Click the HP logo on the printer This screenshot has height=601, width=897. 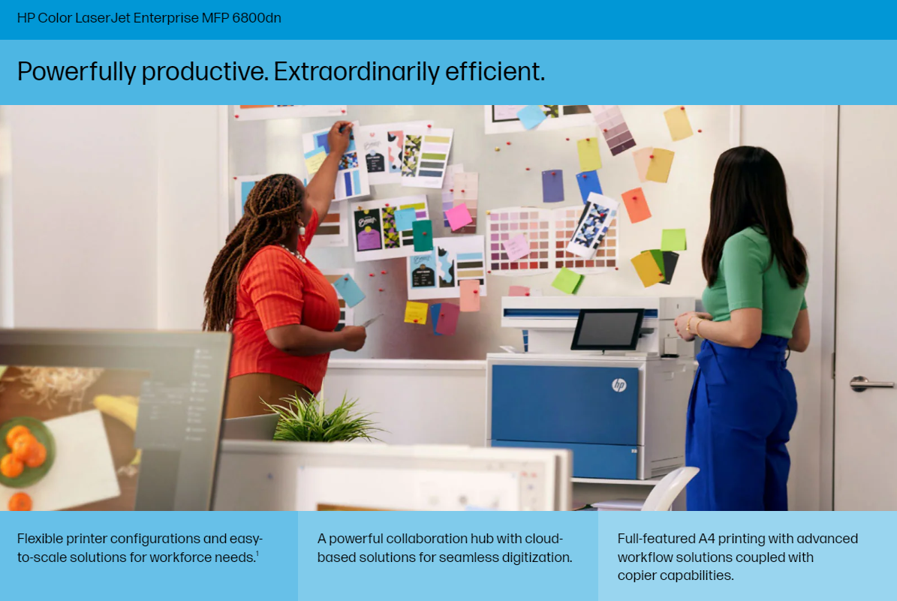[x=619, y=385]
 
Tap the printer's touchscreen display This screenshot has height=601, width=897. [x=608, y=329]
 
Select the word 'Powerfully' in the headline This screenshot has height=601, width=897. [x=77, y=72]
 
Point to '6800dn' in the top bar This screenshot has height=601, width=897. [x=256, y=18]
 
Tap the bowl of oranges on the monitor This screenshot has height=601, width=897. [x=26, y=452]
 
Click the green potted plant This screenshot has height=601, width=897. [x=321, y=419]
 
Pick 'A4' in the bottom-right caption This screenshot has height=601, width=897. [x=706, y=539]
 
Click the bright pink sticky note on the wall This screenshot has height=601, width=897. [x=459, y=218]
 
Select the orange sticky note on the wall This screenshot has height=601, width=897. [x=636, y=205]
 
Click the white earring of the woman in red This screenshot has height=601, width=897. [x=302, y=230]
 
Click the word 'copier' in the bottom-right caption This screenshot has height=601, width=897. [x=636, y=575]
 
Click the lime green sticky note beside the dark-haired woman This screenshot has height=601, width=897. [x=673, y=239]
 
